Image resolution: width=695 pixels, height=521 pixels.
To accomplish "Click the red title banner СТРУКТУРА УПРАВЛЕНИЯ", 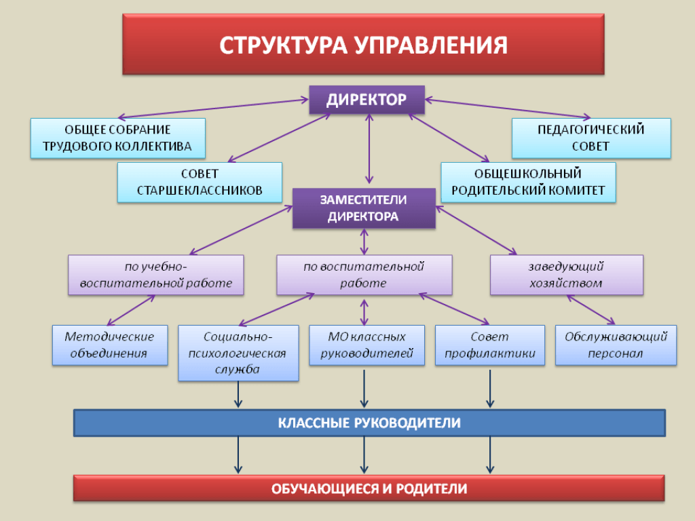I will click(363, 45).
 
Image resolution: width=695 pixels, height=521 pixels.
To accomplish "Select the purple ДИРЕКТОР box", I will click(367, 100).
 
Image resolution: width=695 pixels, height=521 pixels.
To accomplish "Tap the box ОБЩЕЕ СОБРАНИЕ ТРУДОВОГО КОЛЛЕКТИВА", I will click(117, 138).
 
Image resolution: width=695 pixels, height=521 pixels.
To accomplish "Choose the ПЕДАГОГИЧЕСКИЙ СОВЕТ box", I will click(590, 138).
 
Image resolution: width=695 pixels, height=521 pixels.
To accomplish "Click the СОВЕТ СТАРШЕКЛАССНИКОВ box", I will click(200, 182).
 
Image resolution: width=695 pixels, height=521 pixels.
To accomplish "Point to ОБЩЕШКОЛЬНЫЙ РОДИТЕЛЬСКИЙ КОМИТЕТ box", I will click(528, 182).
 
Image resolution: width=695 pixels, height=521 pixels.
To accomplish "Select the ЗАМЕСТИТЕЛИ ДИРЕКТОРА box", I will click(364, 208).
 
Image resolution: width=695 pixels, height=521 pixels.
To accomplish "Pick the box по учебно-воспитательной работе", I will click(156, 275).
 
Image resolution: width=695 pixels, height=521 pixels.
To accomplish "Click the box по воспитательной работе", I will click(364, 275).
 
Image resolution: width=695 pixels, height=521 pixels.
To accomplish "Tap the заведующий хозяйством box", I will click(566, 275).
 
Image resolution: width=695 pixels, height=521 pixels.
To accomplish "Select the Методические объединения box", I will click(110, 345).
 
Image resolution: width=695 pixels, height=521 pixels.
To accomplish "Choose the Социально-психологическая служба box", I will click(238, 353).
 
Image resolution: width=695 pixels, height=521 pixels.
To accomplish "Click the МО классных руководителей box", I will click(367, 345).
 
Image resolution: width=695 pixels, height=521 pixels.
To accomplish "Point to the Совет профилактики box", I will click(489, 345).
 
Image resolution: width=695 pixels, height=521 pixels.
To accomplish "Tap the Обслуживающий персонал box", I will click(616, 345).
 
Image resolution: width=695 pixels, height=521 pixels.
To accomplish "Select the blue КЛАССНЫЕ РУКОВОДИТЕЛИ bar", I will click(369, 423).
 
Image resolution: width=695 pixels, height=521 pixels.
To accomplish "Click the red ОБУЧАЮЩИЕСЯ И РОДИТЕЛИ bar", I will click(369, 488).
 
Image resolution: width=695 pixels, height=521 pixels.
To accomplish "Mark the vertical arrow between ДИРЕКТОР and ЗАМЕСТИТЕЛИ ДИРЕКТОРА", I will click(369, 149).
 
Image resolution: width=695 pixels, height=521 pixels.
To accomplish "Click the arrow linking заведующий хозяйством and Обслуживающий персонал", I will click(590, 311).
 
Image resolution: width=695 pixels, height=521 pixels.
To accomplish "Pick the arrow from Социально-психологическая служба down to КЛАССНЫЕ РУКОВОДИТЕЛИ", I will click(238, 395).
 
